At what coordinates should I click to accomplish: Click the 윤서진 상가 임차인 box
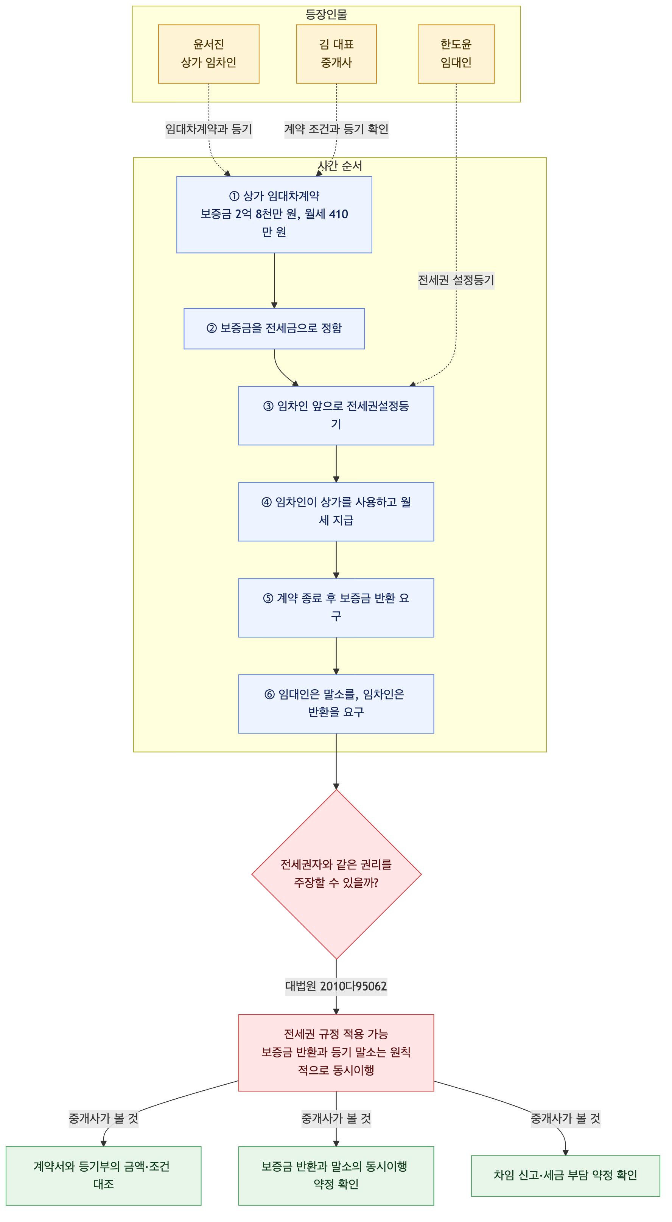pyautogui.click(x=209, y=54)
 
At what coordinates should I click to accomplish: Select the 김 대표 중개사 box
pyautogui.click(x=336, y=54)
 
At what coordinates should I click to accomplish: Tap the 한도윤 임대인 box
pyautogui.click(x=456, y=54)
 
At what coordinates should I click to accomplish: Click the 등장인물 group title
pyautogui.click(x=327, y=14)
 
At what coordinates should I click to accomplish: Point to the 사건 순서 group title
pyautogui.click(x=340, y=166)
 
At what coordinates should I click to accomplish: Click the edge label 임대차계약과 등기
pyautogui.click(x=209, y=129)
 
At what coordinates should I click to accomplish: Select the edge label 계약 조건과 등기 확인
pyautogui.click(x=336, y=129)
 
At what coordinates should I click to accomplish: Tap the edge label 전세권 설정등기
pyautogui.click(x=456, y=280)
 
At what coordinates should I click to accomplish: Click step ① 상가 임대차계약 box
pyautogui.click(x=274, y=215)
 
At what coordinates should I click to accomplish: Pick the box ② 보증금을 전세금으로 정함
pyautogui.click(x=274, y=329)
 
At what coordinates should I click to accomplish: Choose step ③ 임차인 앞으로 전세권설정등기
pyautogui.click(x=336, y=415)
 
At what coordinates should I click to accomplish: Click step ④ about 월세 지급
pyautogui.click(x=336, y=512)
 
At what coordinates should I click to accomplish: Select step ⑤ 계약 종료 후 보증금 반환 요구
pyautogui.click(x=336, y=608)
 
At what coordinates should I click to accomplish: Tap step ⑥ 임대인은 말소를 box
pyautogui.click(x=336, y=704)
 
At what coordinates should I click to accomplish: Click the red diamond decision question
pyautogui.click(x=336, y=874)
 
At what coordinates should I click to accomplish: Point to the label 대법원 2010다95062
pyautogui.click(x=336, y=986)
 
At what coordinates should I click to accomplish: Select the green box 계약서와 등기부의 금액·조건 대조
pyautogui.click(x=103, y=1175)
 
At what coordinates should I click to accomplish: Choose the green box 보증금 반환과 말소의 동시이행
pyautogui.click(x=336, y=1175)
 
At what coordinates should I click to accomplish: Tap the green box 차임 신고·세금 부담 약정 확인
pyautogui.click(x=565, y=1175)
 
